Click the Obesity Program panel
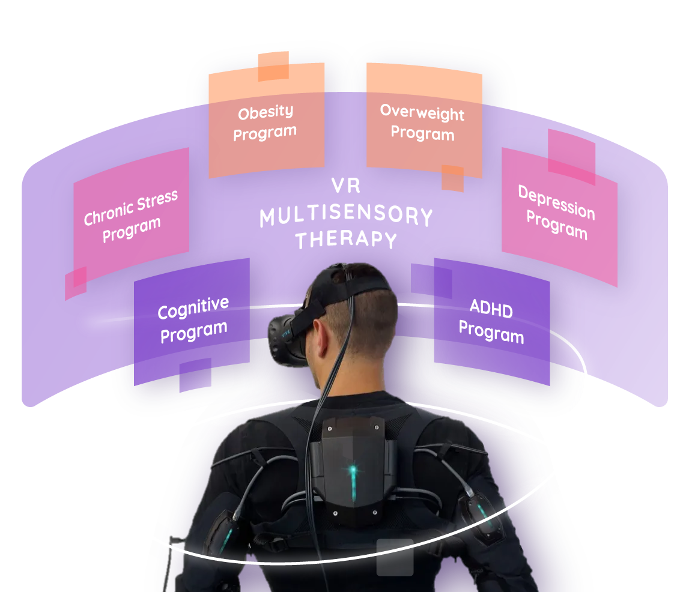pos(266,123)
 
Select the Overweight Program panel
pos(423,123)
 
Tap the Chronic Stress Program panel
pos(131,216)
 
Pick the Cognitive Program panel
pos(192,321)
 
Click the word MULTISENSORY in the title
pos(346,217)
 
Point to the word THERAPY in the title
pos(346,240)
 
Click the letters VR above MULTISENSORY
pos(346,186)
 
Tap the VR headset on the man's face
pos(288,339)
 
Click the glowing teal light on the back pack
pos(354,468)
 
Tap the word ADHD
pos(491,310)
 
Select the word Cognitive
pos(193,309)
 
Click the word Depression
pos(556,203)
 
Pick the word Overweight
pos(422,112)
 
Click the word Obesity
pos(266,112)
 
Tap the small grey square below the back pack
pos(395,558)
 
